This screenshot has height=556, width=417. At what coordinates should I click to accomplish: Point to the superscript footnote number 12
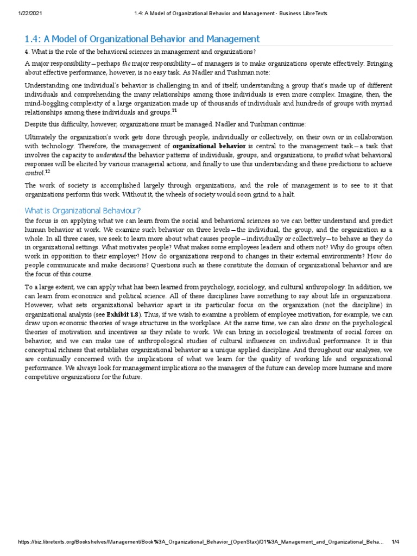pyautogui.click(x=47, y=172)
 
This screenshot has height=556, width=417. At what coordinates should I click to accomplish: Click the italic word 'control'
pyautogui.click(x=34, y=174)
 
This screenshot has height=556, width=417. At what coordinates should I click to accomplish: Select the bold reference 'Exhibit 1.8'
pyautogui.click(x=123, y=314)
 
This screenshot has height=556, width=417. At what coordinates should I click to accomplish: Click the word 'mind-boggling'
pyautogui.click(x=47, y=103)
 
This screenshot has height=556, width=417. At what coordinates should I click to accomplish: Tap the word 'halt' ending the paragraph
pyautogui.click(x=286, y=194)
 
